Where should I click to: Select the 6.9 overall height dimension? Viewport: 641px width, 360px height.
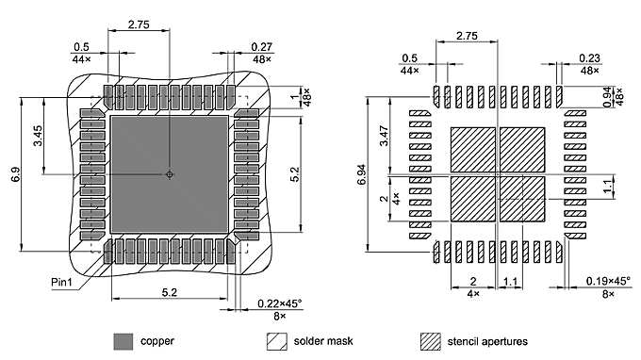coord(14,175)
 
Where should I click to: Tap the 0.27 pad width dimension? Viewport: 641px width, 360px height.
coord(261,47)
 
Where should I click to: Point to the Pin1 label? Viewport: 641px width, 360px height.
coord(63,282)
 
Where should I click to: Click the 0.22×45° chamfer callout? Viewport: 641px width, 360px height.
coord(280,303)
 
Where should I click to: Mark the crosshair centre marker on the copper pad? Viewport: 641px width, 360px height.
coord(170,174)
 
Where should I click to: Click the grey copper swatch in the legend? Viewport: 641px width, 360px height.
coord(123,340)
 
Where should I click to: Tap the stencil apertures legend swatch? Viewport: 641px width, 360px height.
coord(431,340)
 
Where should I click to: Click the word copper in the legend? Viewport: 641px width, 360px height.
coord(157,340)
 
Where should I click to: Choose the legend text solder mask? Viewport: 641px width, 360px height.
coord(323,340)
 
